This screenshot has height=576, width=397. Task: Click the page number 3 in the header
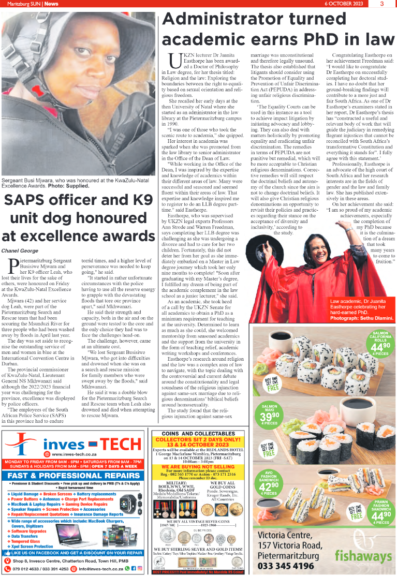pyautogui.click(x=381, y=4)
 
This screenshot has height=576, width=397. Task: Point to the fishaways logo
pyautogui.click(x=363, y=556)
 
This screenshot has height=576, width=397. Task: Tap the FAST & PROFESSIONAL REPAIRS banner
pyautogui.click(x=73, y=476)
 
